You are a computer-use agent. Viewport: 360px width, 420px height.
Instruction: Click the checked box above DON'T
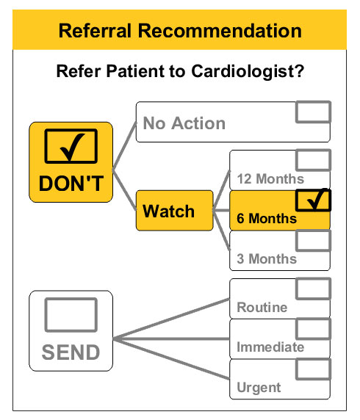[71, 146]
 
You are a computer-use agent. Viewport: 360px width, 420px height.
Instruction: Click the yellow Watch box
[175, 211]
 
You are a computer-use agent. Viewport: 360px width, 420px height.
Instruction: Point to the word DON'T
[71, 184]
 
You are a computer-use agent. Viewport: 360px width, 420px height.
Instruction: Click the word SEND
[71, 352]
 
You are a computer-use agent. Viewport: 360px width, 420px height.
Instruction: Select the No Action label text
[184, 123]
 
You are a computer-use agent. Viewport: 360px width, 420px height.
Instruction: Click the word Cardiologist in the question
[248, 71]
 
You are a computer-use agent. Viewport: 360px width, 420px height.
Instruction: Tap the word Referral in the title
[95, 31]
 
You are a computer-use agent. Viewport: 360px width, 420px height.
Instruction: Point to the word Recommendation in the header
[220, 31]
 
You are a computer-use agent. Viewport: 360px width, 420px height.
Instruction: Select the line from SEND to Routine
[171, 319]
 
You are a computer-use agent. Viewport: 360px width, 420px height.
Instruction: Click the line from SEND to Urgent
[171, 359]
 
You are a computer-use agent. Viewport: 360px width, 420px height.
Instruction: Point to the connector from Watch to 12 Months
[221, 190]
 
